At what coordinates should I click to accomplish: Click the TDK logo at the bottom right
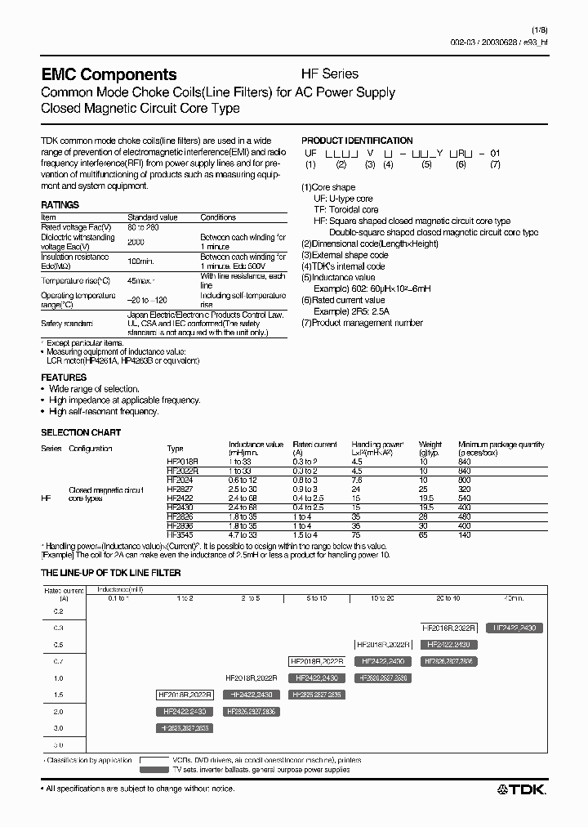click(x=522, y=789)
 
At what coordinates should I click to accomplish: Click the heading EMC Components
click(x=109, y=74)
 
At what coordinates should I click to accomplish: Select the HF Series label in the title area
click(x=330, y=74)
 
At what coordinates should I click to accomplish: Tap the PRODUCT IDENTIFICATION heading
click(x=357, y=141)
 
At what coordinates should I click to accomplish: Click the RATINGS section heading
click(x=60, y=205)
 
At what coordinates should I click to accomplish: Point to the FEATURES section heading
click(x=64, y=378)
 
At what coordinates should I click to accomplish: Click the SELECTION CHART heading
click(x=81, y=432)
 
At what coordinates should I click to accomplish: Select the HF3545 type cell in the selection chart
click(x=180, y=534)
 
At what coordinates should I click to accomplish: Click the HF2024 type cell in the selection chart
click(x=180, y=480)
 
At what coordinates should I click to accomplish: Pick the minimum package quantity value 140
click(x=465, y=534)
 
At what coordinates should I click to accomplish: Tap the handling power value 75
click(x=356, y=534)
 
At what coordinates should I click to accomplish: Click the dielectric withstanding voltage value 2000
click(x=136, y=242)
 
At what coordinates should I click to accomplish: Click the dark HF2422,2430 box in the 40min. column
click(x=516, y=628)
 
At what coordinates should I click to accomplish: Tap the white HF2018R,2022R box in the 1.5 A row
click(x=185, y=695)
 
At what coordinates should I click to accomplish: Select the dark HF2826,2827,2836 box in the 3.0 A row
click(x=185, y=727)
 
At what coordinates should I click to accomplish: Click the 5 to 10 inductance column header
click(x=316, y=599)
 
